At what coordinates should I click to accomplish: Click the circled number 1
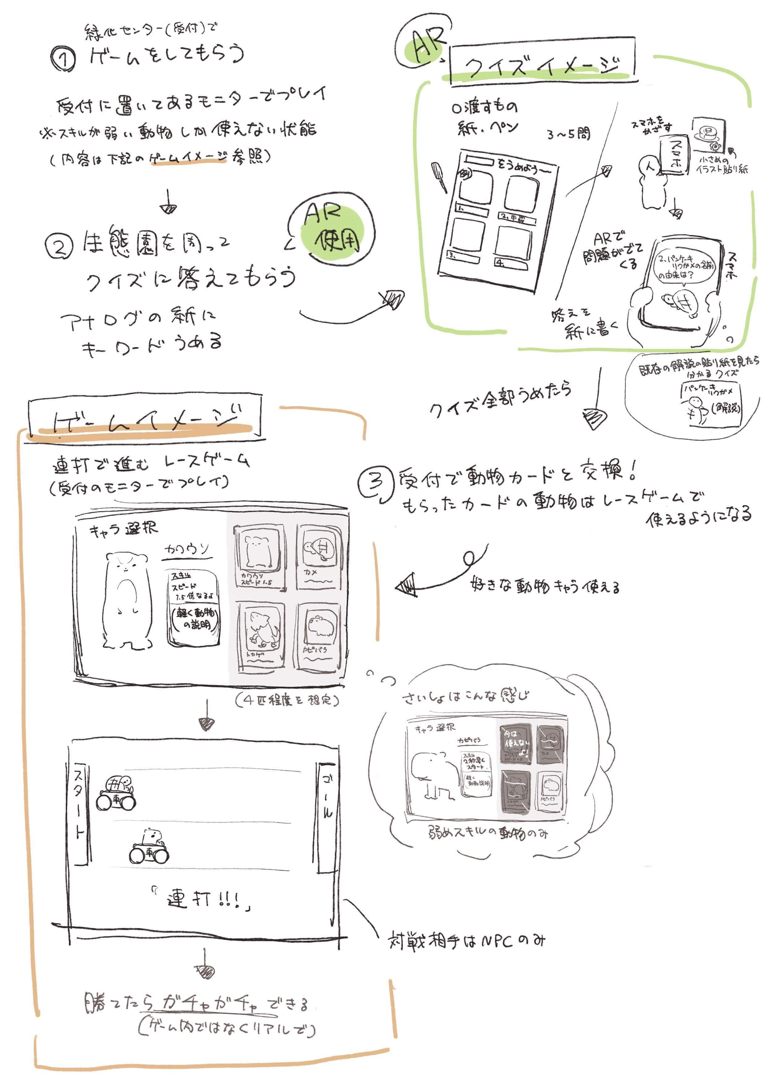coord(63,60)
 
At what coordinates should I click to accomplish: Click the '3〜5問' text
coord(568,134)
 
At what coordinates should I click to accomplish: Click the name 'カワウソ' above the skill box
coord(187,549)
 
